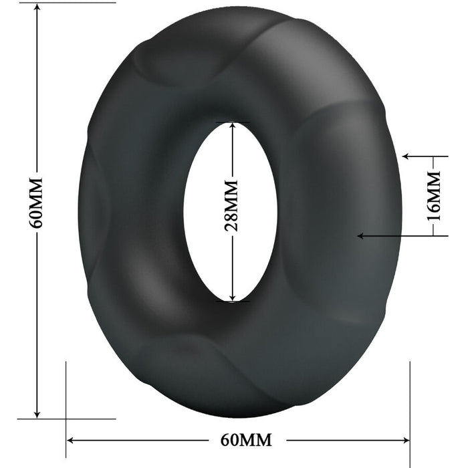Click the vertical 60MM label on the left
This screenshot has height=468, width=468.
click(x=36, y=203)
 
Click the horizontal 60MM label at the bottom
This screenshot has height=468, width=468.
click(x=246, y=440)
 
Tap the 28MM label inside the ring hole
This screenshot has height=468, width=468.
click(x=231, y=205)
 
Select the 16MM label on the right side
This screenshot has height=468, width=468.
click(x=434, y=195)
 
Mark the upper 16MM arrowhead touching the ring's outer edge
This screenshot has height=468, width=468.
click(x=407, y=156)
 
